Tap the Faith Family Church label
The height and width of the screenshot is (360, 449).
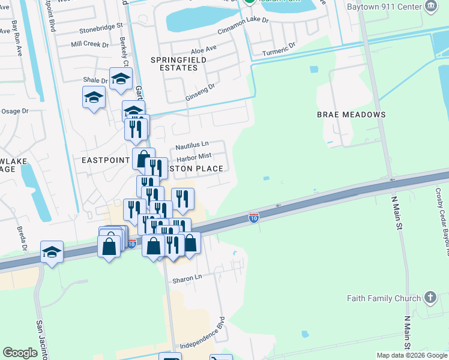383,298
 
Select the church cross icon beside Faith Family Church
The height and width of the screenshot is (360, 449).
430,297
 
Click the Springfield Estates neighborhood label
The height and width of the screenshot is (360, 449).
178,64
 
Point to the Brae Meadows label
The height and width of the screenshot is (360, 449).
351,114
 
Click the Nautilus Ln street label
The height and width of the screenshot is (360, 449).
192,145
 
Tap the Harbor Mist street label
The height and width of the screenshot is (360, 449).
194,157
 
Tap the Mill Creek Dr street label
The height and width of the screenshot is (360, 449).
89,44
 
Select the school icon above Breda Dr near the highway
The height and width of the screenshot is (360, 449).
52,252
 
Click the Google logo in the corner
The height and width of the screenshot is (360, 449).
20,353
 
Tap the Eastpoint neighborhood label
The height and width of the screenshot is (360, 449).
106,160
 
